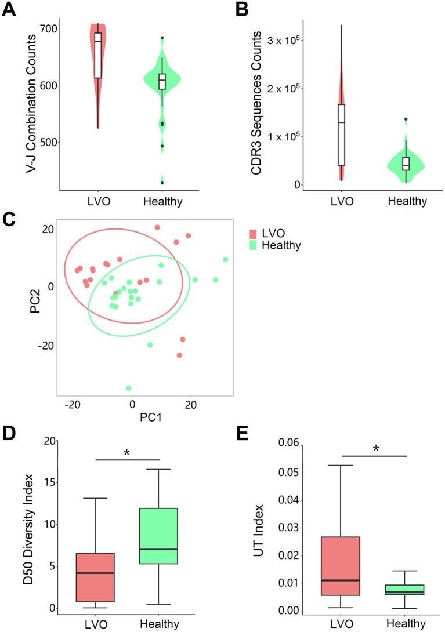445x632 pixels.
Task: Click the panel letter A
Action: pyautogui.click(x=9, y=12)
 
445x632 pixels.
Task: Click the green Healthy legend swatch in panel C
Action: pyautogui.click(x=253, y=245)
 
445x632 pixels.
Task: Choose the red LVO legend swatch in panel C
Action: pyautogui.click(x=253, y=234)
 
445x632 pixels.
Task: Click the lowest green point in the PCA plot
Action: pyautogui.click(x=129, y=388)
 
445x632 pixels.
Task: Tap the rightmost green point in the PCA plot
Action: pyautogui.click(x=225, y=259)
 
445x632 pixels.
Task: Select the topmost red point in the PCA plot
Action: pyautogui.click(x=157, y=227)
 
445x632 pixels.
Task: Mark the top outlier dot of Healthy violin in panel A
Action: pyautogui.click(x=162, y=38)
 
